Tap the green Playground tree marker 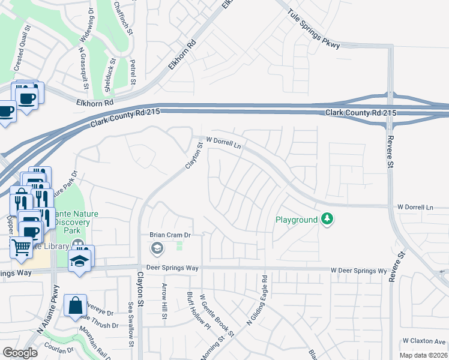(x=327, y=220)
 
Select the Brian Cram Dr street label (x=170, y=235)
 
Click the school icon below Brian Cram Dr (x=157, y=248)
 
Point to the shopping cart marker (x=22, y=246)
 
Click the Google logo (x=20, y=353)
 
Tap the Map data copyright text (x=423, y=355)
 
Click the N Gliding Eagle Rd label (x=257, y=300)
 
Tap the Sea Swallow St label (x=130, y=324)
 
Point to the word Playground (x=296, y=220)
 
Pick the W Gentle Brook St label (x=217, y=314)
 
